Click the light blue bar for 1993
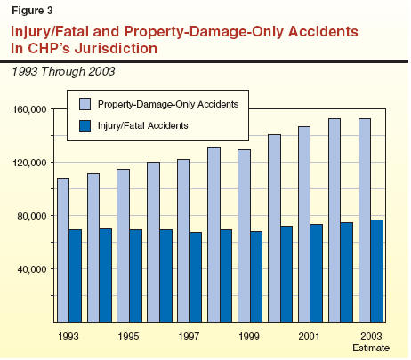[x=63, y=250]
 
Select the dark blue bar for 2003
[x=376, y=271]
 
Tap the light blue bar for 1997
[x=184, y=241]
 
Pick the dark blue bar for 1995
[x=135, y=276]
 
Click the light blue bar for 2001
[x=304, y=224]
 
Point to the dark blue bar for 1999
[x=256, y=276]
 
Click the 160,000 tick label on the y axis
[x=29, y=109]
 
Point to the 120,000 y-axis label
[x=29, y=163]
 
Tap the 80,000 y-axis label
[x=32, y=216]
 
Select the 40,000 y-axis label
[x=32, y=269]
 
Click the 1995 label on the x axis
[x=128, y=336]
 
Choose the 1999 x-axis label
[x=249, y=336]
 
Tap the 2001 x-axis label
[x=310, y=336]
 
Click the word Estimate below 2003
[x=371, y=348]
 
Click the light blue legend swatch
[x=85, y=104]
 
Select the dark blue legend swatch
[x=85, y=125]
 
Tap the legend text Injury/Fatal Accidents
[x=143, y=125]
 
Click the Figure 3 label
[x=32, y=11]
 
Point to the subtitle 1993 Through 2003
[x=63, y=71]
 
